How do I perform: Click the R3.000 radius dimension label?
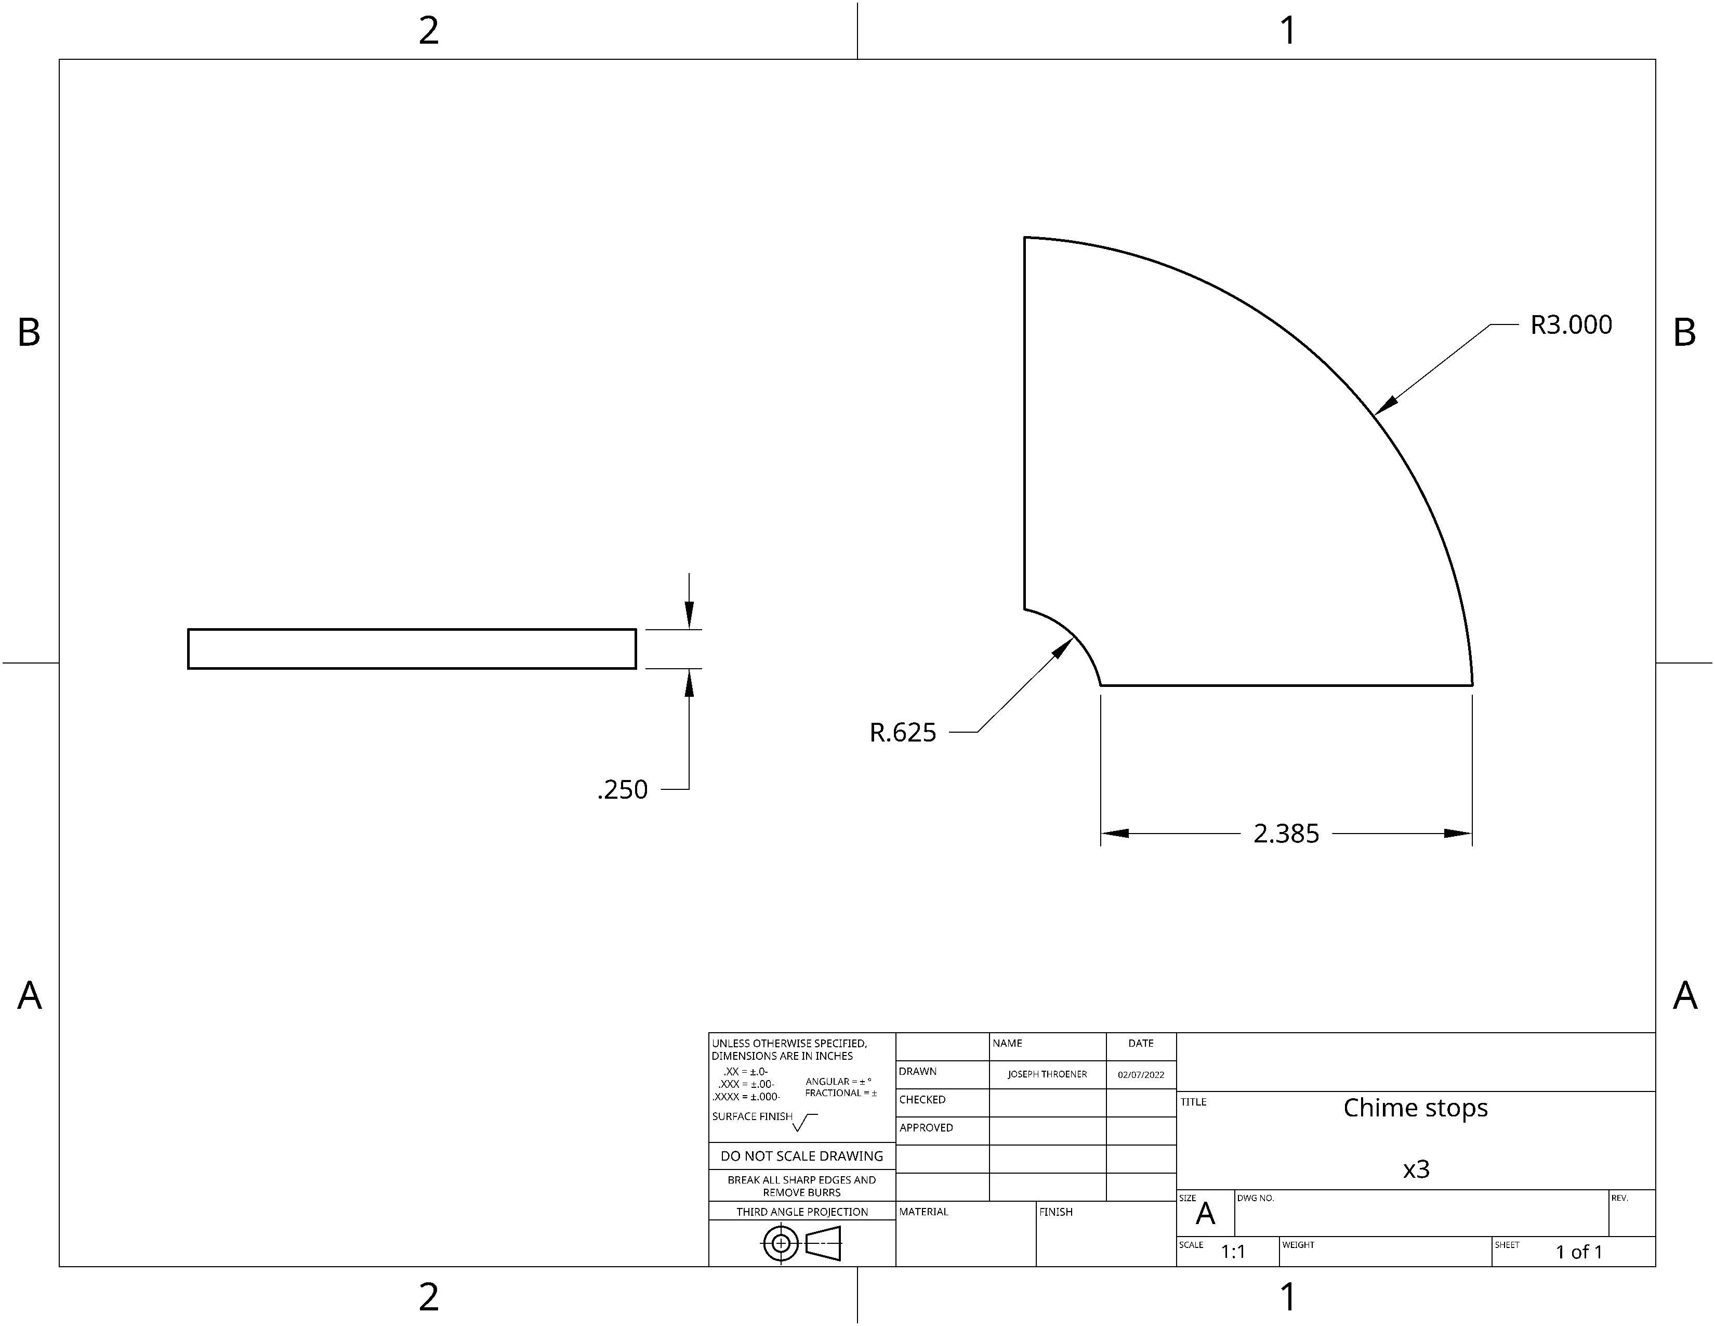[x=1571, y=324]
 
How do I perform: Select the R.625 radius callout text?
[x=903, y=732]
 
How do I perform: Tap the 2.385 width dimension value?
[x=1286, y=834]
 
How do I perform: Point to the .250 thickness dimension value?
[x=623, y=789]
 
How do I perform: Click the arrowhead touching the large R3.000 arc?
[x=1387, y=404]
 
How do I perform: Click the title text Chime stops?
[x=1416, y=1108]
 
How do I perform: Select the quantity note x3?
[x=1417, y=1169]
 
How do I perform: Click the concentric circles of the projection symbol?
[x=781, y=1243]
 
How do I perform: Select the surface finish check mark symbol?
[x=805, y=1123]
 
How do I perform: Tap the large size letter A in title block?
[x=1205, y=1214]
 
